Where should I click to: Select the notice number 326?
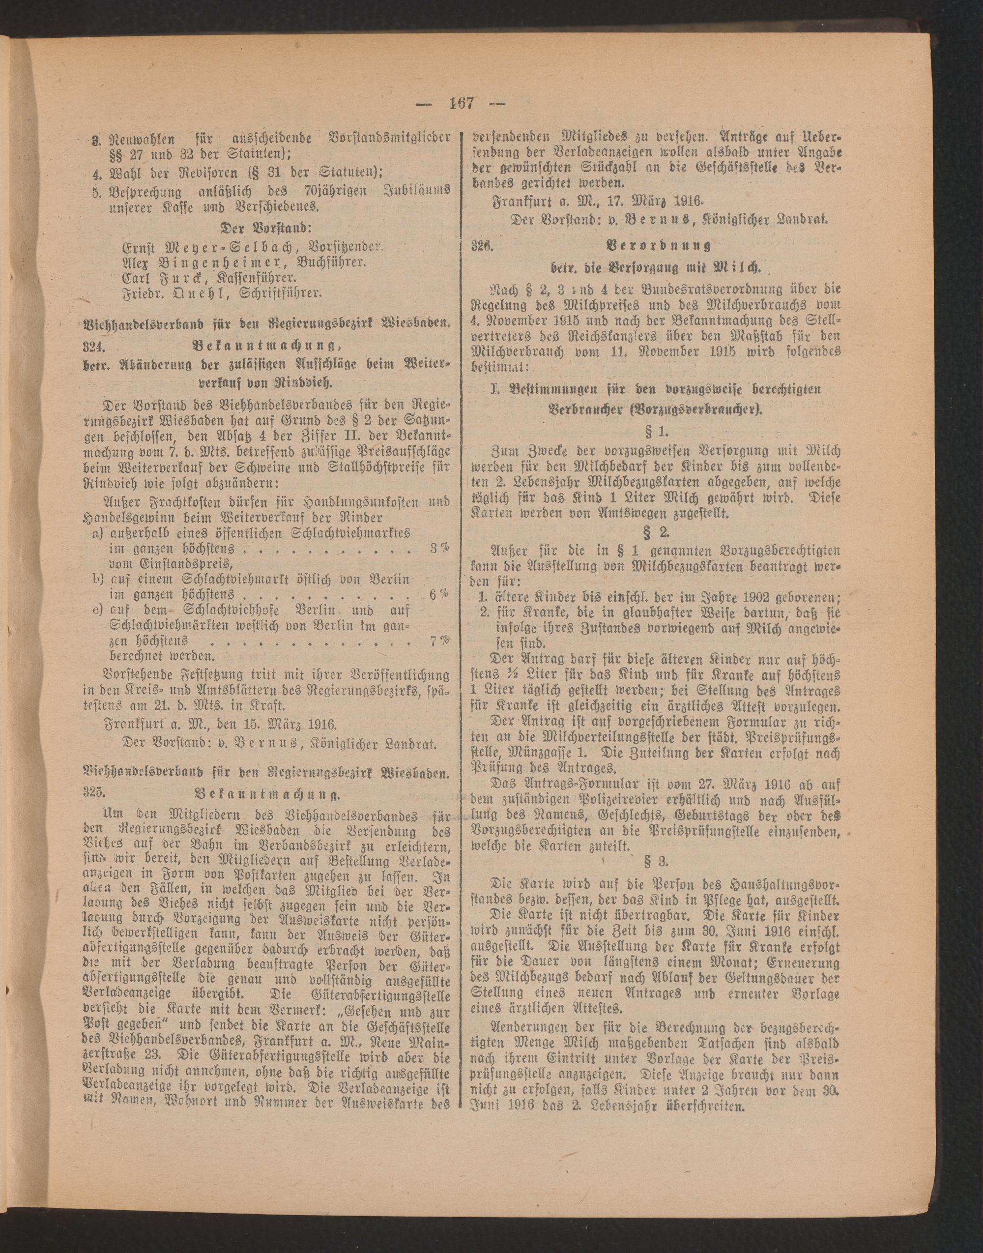coord(482,246)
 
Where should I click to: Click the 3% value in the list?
coord(439,548)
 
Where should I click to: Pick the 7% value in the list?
coord(439,640)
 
